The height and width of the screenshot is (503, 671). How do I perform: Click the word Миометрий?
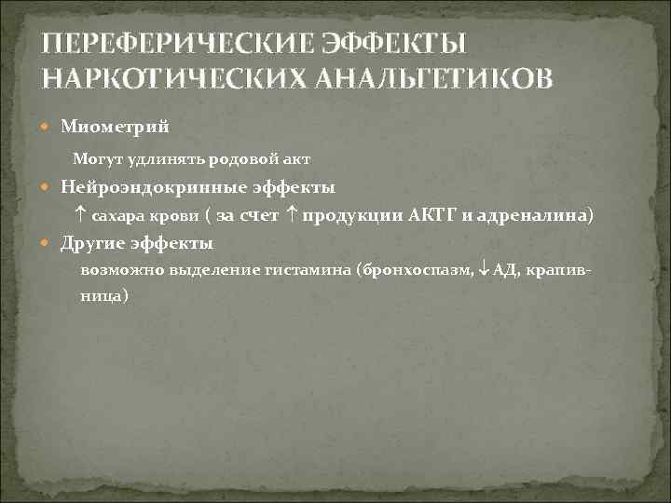point(116,125)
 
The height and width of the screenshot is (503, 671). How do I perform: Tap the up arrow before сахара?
point(80,215)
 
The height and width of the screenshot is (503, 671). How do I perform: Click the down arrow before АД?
point(483,271)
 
